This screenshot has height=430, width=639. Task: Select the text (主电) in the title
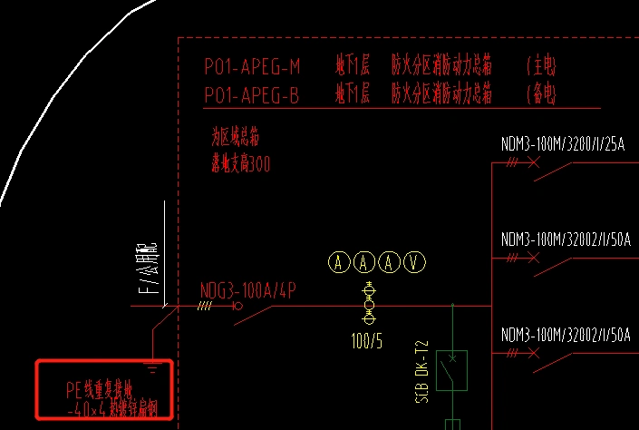coord(541,66)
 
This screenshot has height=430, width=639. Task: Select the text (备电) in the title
coord(541,93)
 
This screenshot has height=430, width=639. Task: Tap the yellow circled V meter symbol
coord(415,262)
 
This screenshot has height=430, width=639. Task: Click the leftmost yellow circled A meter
coord(339,262)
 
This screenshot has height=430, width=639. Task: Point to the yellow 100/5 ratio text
coord(367,342)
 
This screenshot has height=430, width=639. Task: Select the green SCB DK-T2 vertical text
coord(421,372)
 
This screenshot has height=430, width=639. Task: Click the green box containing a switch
coord(451,370)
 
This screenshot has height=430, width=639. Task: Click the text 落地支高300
coord(240,164)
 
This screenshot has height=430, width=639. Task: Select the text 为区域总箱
coord(235,138)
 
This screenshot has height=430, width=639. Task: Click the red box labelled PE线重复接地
coord(103,388)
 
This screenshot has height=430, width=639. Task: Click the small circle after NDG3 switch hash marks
coord(237,307)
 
